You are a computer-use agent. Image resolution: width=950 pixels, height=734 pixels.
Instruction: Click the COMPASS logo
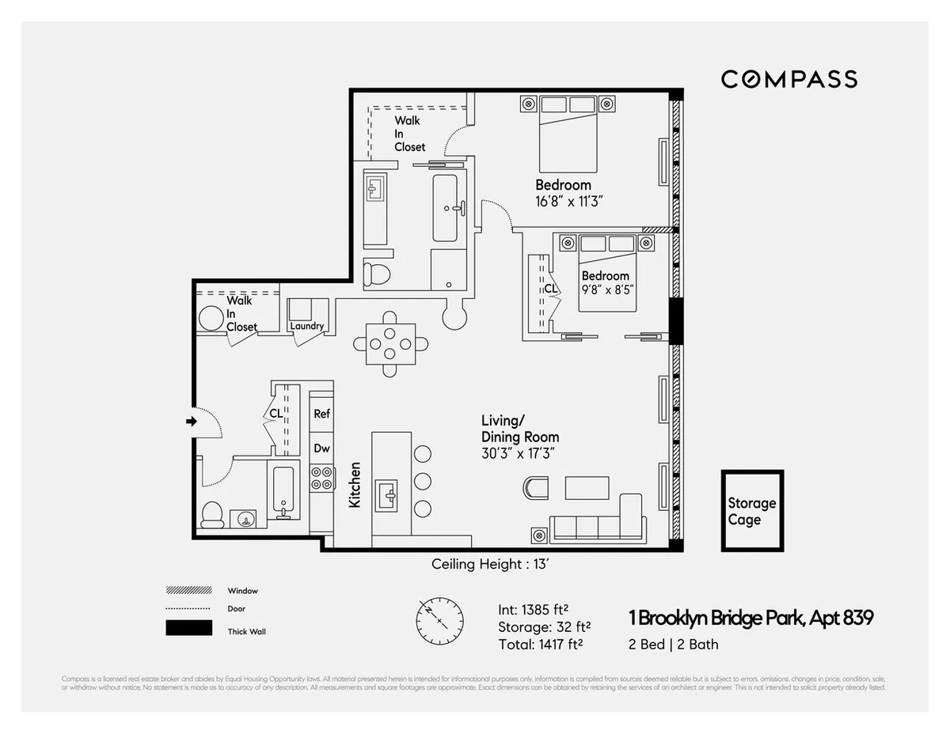click(788, 79)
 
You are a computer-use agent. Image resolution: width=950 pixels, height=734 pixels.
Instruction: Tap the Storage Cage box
click(751, 511)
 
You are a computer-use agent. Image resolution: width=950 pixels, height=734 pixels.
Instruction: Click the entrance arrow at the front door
click(191, 422)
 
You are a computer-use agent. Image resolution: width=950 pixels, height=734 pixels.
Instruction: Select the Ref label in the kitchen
click(321, 414)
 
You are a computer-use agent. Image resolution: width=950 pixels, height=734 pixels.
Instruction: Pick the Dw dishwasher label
click(321, 448)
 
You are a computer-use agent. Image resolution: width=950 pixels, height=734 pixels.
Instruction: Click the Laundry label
click(306, 326)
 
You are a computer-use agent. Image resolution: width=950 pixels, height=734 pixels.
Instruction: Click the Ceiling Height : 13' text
click(488, 565)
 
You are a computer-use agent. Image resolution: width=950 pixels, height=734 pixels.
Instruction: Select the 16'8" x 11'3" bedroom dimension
click(569, 202)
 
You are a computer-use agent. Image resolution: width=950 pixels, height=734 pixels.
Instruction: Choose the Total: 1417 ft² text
click(541, 645)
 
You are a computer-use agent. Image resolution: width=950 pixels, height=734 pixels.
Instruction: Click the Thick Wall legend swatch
click(188, 629)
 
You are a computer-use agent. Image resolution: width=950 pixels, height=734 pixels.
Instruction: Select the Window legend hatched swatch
click(188, 591)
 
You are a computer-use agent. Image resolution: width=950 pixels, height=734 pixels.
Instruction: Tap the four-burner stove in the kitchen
click(321, 477)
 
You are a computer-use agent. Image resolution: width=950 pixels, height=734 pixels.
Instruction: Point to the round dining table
click(391, 344)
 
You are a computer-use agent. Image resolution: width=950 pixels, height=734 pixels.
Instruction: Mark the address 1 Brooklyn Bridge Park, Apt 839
click(750, 618)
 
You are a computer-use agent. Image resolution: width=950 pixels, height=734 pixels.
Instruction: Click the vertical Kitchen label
click(355, 485)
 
